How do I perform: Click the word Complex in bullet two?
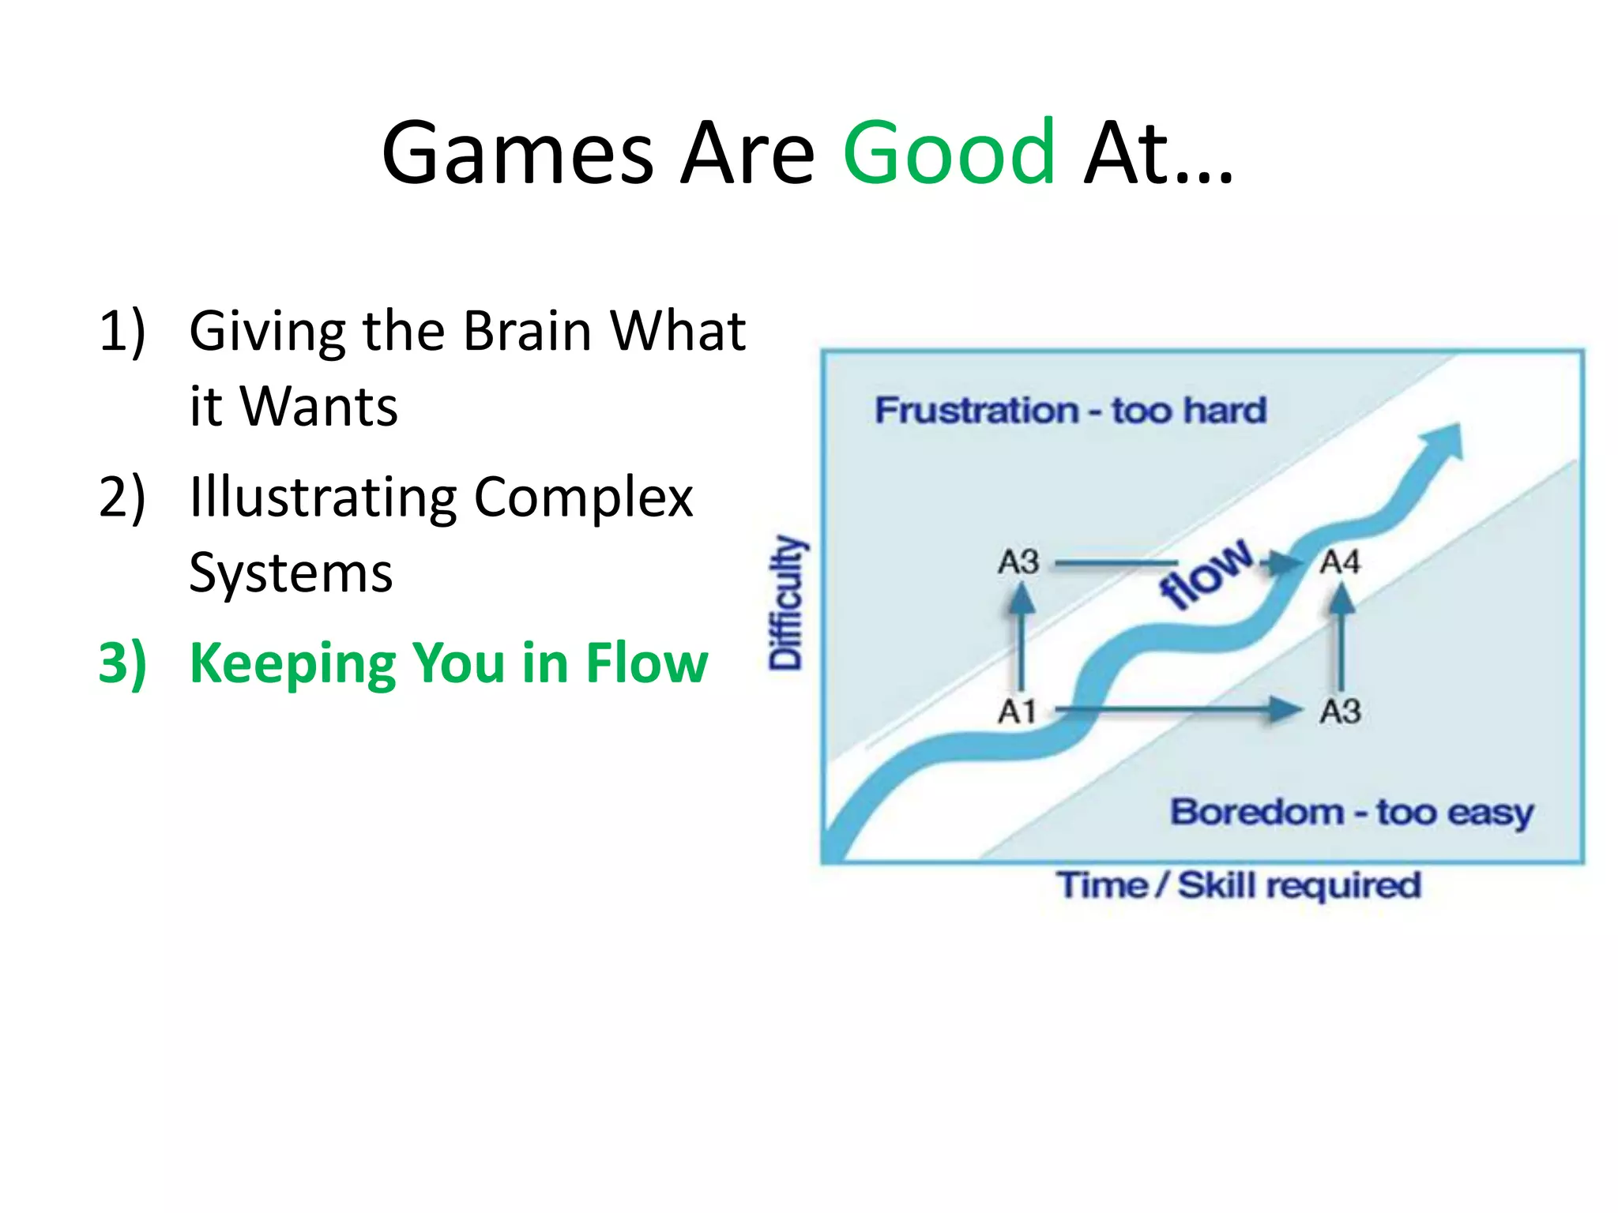[x=583, y=498]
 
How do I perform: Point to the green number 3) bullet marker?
[x=122, y=663]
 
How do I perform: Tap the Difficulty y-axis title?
[x=786, y=603]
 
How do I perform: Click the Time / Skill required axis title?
[x=1239, y=885]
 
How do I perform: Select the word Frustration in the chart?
[x=976, y=411]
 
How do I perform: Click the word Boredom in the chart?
[x=1257, y=812]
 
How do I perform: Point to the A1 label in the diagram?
[x=1017, y=712]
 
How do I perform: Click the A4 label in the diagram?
[x=1341, y=562]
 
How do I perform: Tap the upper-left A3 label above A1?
[x=1018, y=562]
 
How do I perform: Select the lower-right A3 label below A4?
[x=1341, y=712]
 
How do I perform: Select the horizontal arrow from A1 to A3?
[x=1177, y=709]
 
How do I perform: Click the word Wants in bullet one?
[x=318, y=407]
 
